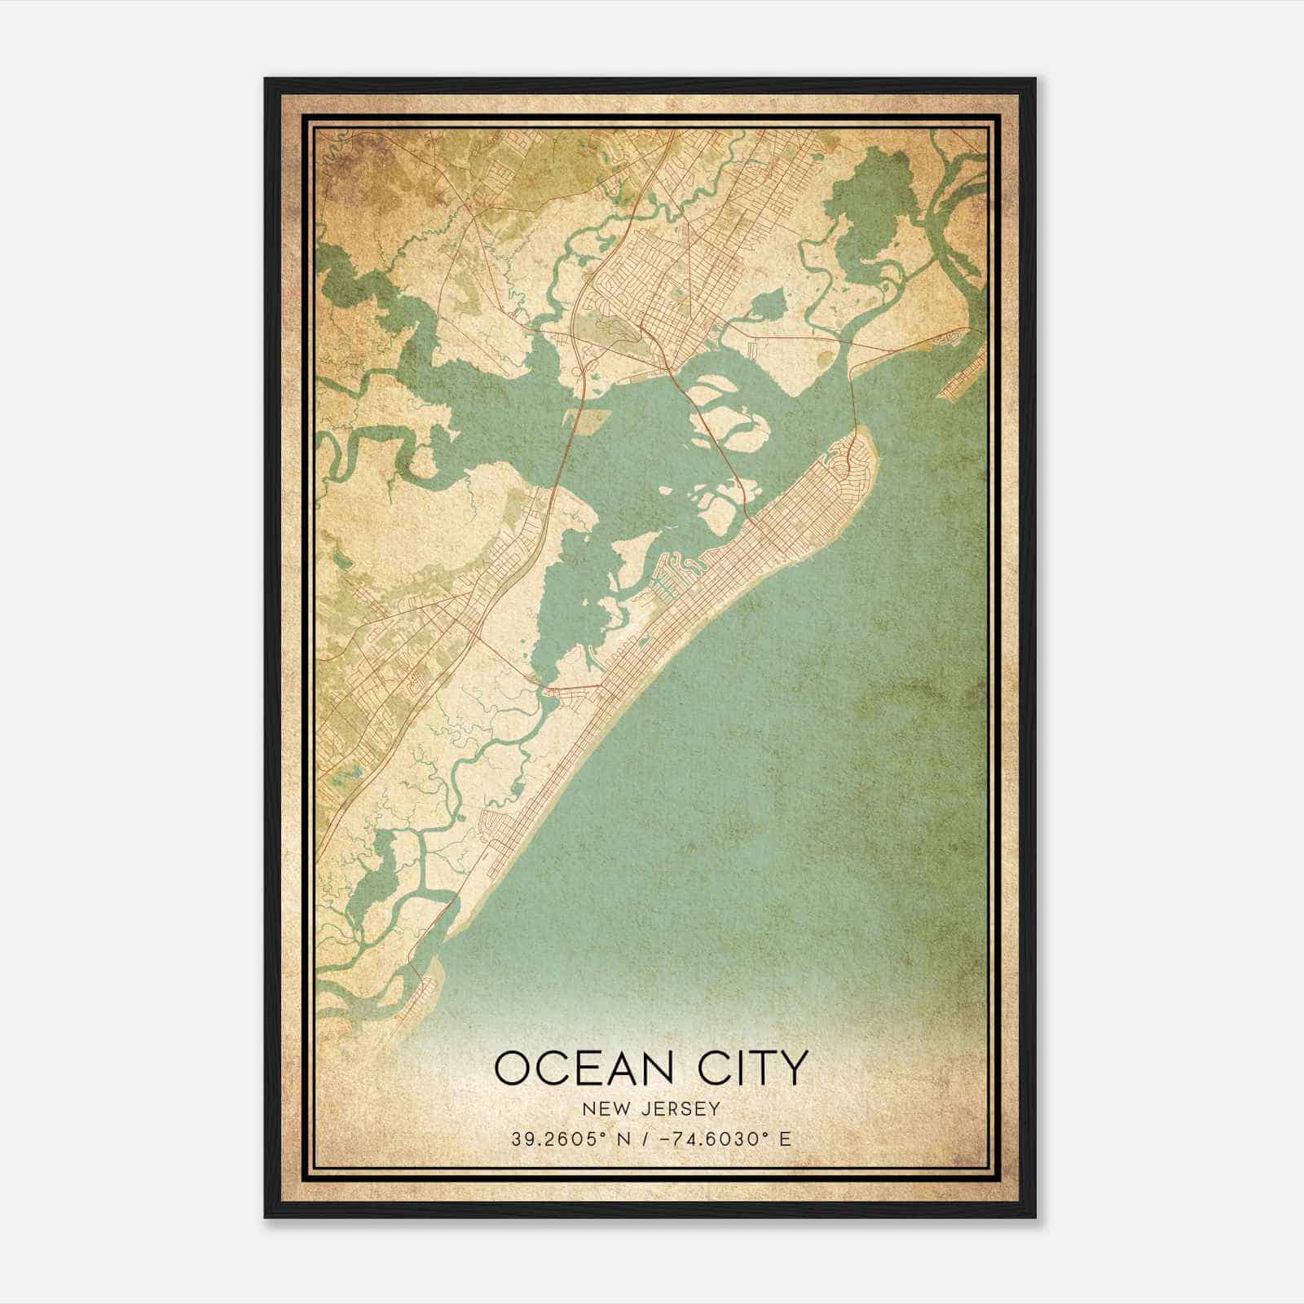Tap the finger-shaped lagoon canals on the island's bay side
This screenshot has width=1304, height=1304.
pyautogui.click(x=676, y=570)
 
